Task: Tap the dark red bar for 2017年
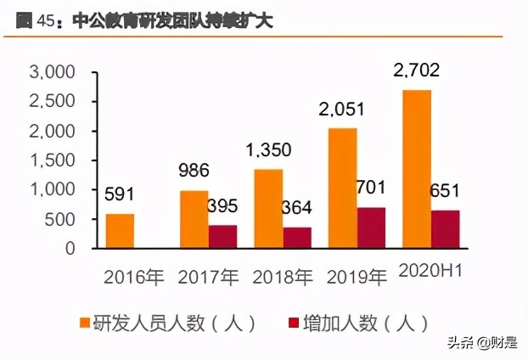222,237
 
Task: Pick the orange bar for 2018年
267,209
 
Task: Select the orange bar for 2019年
342,188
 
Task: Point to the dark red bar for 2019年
372,228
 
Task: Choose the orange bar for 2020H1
416,169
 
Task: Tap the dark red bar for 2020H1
446,229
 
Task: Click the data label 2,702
416,73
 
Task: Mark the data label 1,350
268,151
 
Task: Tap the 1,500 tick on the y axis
53,160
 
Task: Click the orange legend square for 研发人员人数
84,323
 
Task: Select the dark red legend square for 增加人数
295,323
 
